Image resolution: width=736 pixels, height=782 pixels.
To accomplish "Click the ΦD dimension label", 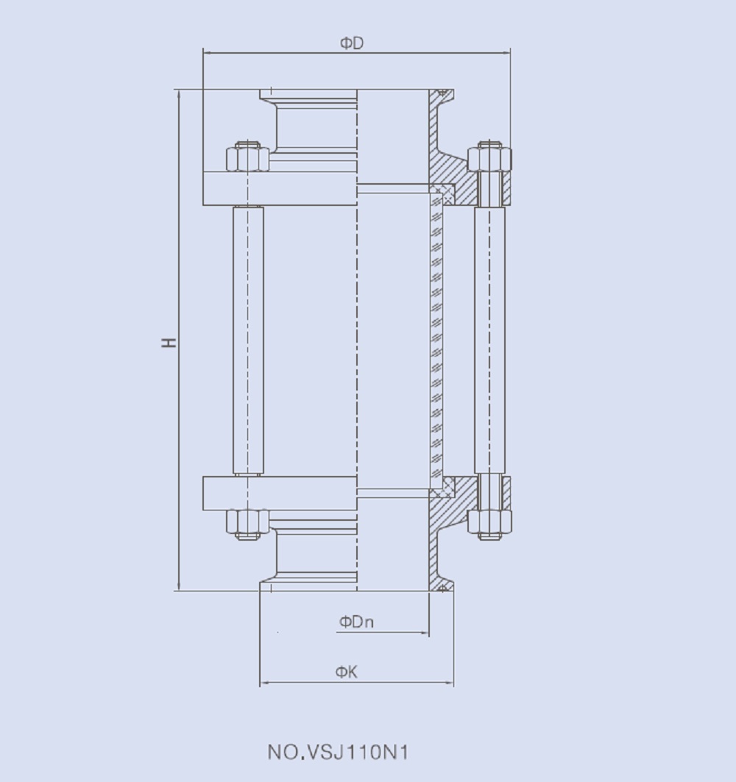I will click(352, 43).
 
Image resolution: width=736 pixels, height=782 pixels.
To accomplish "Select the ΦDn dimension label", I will click(356, 622).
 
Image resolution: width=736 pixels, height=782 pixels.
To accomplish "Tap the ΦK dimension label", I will click(347, 672).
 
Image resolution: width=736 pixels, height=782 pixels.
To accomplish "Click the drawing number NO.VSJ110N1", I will click(338, 753).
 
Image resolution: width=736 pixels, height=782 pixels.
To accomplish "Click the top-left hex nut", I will click(247, 157).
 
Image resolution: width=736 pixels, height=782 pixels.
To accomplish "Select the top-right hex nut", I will click(489, 157).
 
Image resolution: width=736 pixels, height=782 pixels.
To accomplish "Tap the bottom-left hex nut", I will click(247, 522).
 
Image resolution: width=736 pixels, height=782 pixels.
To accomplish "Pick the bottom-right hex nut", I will click(489, 522).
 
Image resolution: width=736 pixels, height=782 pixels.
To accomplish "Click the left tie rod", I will click(248, 341).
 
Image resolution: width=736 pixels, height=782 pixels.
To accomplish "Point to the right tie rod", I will click(489, 341).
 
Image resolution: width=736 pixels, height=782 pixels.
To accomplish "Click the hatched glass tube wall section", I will click(436, 341).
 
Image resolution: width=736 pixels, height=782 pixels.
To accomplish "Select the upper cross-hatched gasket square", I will click(443, 195).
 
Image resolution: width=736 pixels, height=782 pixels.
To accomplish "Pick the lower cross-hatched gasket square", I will click(443, 486).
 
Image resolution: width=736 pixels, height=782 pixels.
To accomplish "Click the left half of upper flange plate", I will click(280, 188).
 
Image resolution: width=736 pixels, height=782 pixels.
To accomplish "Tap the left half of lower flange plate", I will click(280, 493).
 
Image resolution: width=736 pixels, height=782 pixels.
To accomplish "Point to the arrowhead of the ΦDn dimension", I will click(425, 633).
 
